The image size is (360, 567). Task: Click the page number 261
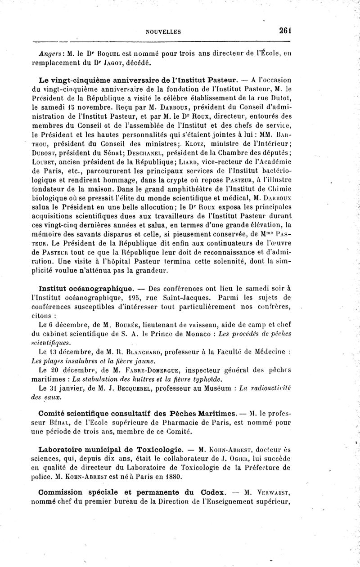click(x=285, y=31)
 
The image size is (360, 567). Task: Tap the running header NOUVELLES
click(x=163, y=32)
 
